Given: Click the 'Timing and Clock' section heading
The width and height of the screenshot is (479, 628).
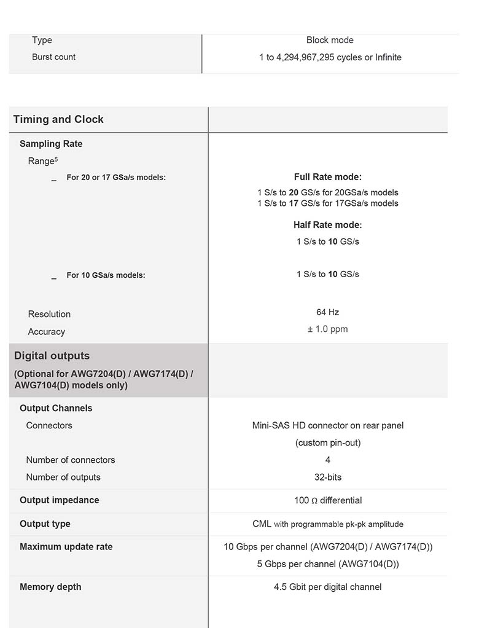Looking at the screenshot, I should point(58,119).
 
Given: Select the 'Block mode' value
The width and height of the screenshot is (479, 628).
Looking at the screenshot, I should point(330,40).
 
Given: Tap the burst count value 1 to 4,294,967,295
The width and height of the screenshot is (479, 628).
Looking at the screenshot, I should point(330,57).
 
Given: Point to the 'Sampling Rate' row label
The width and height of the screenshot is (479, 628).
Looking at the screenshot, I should point(51,144).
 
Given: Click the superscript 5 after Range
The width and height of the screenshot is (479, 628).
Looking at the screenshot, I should point(56,159).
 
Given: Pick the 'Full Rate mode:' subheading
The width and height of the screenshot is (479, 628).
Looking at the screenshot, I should point(328,177).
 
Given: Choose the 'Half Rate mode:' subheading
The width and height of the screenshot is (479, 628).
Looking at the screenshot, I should point(328,225).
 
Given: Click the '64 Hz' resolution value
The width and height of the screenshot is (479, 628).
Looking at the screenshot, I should point(328,312).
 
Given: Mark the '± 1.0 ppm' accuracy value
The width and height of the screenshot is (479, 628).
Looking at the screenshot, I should point(328,329).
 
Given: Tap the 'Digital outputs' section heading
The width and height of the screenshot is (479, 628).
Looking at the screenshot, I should point(52,356).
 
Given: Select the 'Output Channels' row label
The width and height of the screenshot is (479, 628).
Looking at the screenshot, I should point(56,408).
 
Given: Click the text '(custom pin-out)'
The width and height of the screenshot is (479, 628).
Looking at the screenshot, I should point(328,442).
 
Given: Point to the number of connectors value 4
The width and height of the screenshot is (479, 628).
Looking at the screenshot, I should point(328,460).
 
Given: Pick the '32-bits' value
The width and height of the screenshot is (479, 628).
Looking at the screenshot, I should point(328,477).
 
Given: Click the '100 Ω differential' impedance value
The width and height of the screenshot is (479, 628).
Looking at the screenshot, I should point(328,500).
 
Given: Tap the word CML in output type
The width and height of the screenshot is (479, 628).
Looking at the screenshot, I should point(262,524).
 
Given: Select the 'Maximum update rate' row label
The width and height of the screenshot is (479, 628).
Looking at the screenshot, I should point(66,547).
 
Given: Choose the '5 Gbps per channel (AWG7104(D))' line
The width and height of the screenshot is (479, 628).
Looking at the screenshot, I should point(328,564).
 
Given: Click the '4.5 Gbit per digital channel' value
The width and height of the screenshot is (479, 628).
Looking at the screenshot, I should point(328,587).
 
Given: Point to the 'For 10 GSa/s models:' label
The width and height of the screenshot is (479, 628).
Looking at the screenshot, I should point(106,275).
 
